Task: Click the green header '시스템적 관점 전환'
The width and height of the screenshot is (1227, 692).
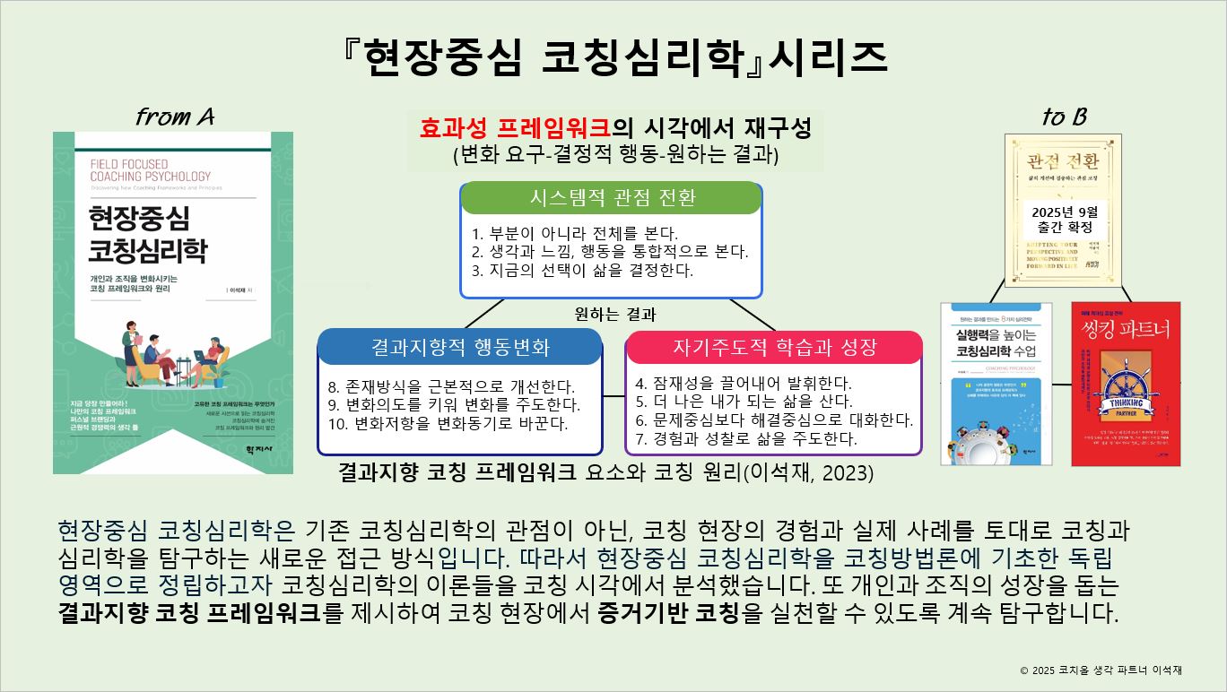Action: tap(611, 197)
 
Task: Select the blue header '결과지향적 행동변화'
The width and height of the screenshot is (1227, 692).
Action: tap(459, 347)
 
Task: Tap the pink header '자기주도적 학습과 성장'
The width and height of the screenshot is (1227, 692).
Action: tap(774, 347)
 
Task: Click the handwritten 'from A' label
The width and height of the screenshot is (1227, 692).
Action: tap(175, 117)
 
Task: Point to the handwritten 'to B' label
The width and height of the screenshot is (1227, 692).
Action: tap(1064, 117)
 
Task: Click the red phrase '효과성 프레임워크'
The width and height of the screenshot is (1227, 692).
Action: tap(515, 128)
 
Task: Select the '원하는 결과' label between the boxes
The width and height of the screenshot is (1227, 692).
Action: tap(615, 315)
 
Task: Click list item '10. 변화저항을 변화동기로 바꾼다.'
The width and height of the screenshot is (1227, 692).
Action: tap(448, 422)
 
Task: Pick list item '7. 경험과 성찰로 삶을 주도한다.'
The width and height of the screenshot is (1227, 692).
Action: tap(745, 438)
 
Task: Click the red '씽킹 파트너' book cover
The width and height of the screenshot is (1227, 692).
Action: tap(1126, 384)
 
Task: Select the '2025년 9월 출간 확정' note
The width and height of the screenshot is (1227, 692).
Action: tap(1064, 219)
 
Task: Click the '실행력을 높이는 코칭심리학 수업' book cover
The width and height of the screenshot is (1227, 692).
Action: tap(996, 384)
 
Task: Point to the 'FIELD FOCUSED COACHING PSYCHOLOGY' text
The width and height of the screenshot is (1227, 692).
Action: tap(151, 170)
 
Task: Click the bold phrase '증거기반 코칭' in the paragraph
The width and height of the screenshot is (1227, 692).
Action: tap(668, 614)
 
